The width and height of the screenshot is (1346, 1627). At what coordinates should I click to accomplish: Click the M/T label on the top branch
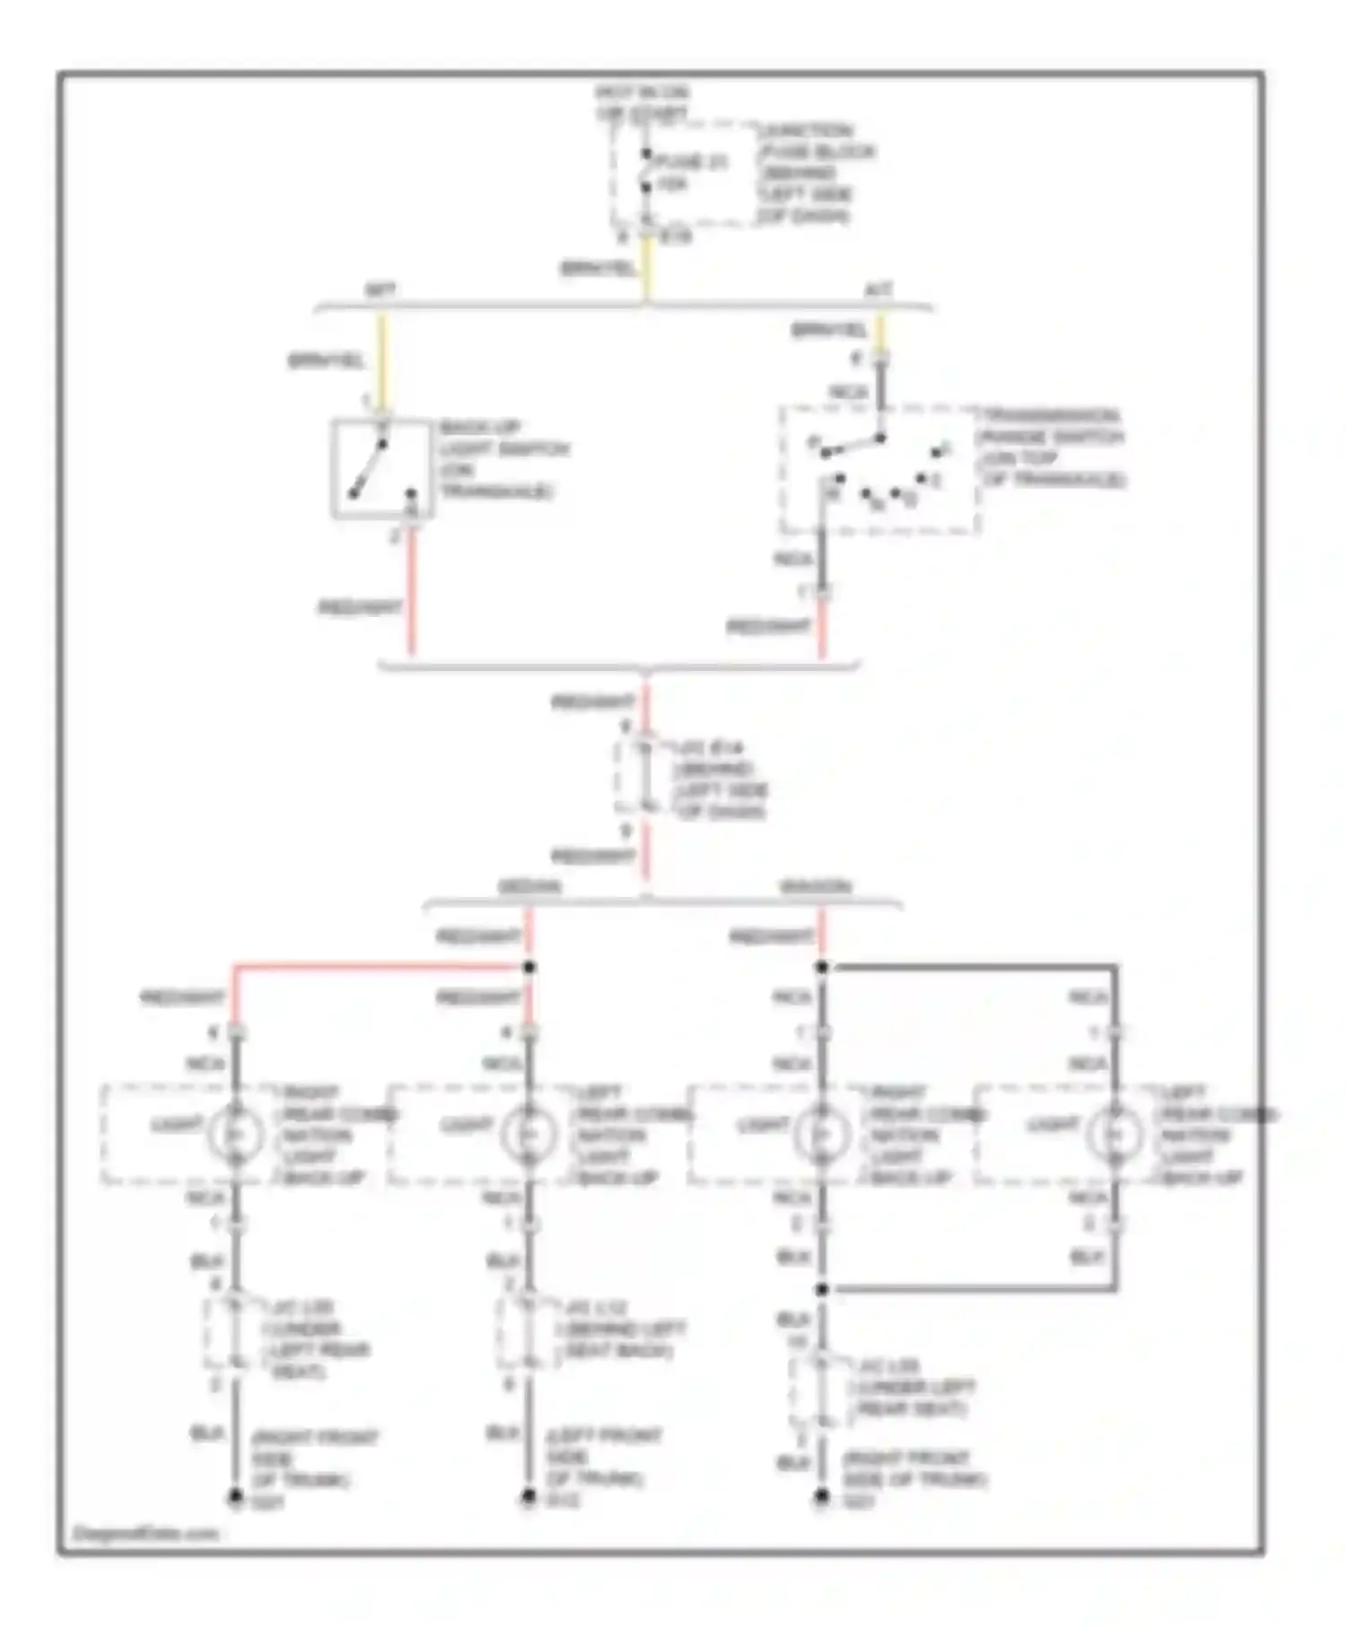coord(380,291)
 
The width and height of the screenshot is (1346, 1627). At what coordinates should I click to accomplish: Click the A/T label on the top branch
coord(878,291)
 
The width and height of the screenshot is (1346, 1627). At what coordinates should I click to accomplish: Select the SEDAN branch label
coord(529,887)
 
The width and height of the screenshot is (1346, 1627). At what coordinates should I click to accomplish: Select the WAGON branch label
coord(816,887)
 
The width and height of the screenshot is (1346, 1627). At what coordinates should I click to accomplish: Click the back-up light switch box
coord(382,468)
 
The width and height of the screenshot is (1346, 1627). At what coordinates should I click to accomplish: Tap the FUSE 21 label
coord(690,162)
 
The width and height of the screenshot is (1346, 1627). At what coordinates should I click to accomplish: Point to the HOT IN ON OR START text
coord(642,103)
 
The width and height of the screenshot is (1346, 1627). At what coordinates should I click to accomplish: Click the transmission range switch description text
coord(1052,448)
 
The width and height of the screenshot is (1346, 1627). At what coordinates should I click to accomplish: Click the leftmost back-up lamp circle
coord(235,1135)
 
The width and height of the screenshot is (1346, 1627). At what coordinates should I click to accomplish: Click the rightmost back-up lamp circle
coord(1114,1135)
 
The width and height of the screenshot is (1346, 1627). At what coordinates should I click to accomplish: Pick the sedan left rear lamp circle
coord(529,1135)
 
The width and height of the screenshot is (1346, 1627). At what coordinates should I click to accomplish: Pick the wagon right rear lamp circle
coord(821,1135)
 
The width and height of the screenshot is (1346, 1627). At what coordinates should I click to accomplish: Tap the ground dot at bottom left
coord(235,1496)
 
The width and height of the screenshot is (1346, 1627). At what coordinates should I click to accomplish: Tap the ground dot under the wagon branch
coord(821,1496)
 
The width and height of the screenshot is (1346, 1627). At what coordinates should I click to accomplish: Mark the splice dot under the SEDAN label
coord(529,967)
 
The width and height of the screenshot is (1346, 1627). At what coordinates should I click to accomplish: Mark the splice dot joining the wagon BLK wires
coord(821,1289)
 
